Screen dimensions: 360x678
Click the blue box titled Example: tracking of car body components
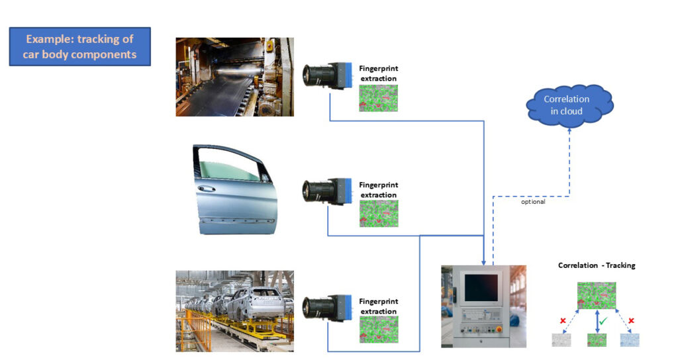pos(79,46)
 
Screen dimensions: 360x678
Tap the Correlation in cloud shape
pos(567,105)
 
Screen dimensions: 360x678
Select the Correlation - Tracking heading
pos(596,265)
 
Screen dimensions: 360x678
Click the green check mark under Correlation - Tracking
pos(604,320)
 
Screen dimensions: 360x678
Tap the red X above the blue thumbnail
pos(631,321)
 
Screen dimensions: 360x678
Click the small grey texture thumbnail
pos(561,340)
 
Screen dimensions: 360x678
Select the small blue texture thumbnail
pos(629,340)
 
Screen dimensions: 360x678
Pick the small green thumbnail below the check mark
pos(597,340)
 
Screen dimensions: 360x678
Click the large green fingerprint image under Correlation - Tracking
pos(597,295)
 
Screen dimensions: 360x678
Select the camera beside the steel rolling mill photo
pos(328,75)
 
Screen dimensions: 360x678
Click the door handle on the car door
pos(207,188)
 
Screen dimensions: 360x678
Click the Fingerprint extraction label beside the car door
pos(378,190)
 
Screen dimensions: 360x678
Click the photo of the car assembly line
pos(234,310)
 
